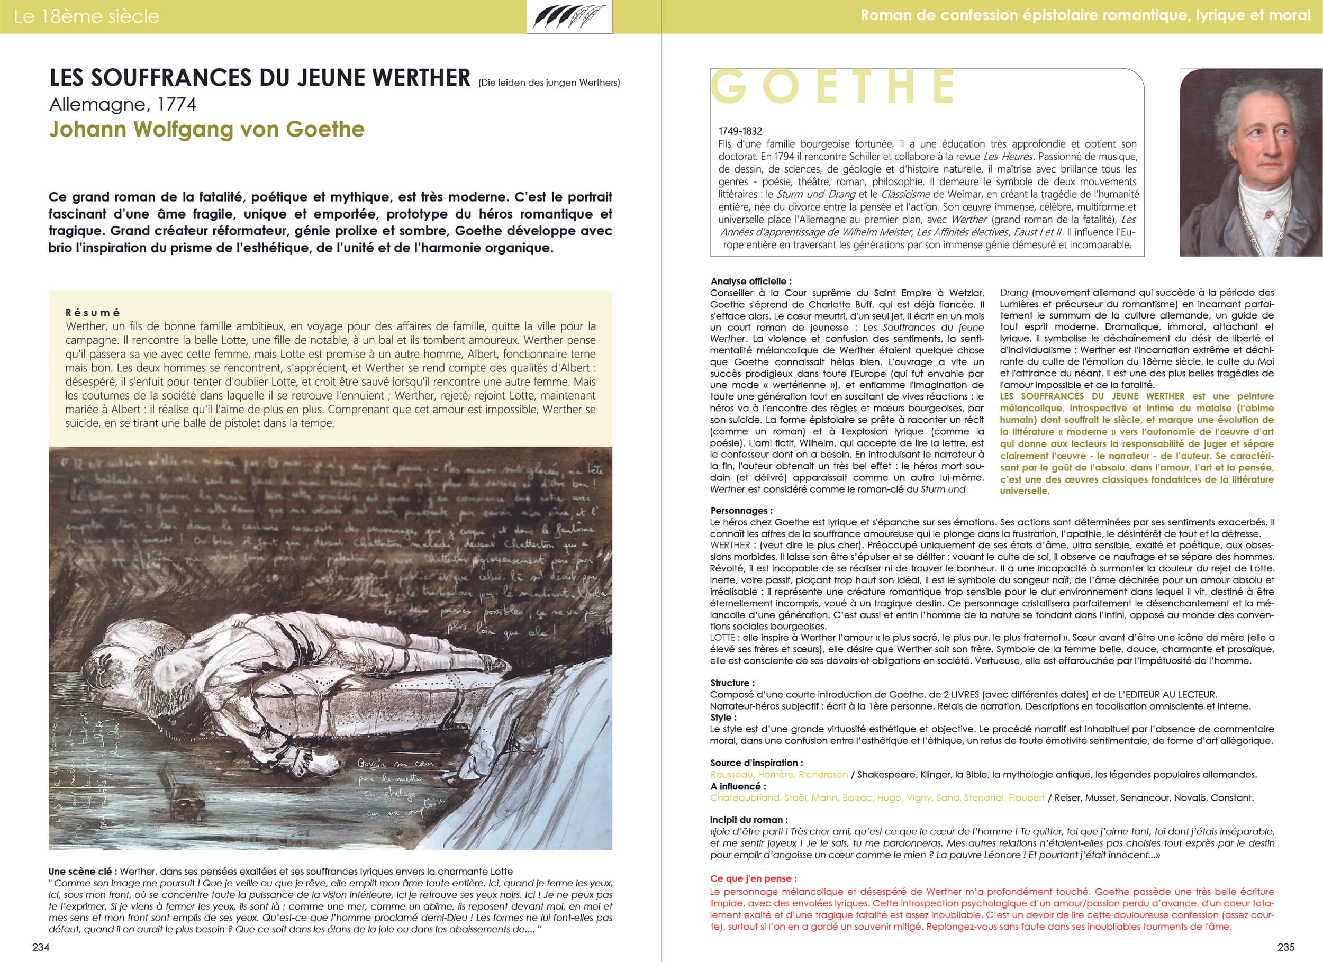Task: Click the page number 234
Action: pos(41,947)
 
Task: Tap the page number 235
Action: pos(1285,947)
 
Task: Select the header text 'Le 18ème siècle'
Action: pos(86,16)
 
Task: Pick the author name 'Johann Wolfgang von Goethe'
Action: pos(206,129)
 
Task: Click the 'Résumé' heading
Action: pos(93,313)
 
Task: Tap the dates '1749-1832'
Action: pos(740,131)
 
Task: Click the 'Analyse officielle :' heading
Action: pos(751,281)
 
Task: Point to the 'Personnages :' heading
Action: pos(741,511)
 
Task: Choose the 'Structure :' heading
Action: pos(732,683)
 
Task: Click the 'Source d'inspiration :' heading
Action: pos(756,763)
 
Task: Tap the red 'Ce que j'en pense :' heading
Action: pos(753,878)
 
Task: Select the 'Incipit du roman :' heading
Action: pos(748,820)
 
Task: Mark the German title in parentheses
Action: pos(549,83)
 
